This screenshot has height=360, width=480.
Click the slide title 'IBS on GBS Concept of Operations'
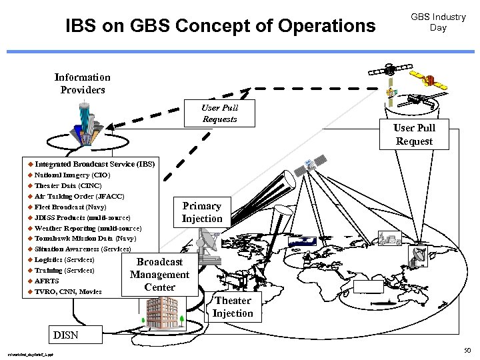click(221, 26)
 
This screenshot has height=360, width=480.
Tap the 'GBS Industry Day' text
click(438, 22)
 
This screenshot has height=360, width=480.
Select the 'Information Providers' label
click(83, 83)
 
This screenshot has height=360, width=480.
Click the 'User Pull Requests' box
click(220, 113)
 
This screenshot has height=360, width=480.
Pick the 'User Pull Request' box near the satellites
click(414, 134)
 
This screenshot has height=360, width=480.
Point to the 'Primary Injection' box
click(202, 212)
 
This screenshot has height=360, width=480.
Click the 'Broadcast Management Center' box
click(160, 275)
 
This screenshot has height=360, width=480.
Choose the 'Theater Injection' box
click(233, 307)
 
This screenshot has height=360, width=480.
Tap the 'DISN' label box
click(65, 335)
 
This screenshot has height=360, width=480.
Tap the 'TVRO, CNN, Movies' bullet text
click(68, 291)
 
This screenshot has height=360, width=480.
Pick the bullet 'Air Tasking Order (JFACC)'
click(79, 196)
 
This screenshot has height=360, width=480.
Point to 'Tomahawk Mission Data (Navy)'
click(85, 238)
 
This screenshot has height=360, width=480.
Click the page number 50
click(467, 349)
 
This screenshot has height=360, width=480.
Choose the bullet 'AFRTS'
click(47, 281)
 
